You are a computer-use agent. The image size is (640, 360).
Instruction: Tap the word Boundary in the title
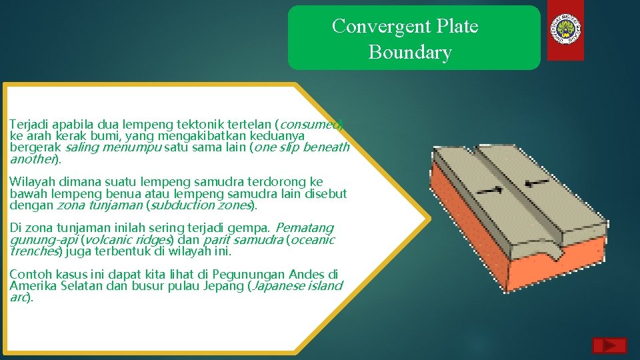click(410, 53)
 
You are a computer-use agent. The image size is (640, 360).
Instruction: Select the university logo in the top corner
click(566, 30)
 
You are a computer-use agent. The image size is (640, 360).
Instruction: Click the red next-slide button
click(609, 345)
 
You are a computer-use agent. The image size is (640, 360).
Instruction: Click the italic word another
click(32, 159)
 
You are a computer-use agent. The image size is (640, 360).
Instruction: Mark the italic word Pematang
click(305, 228)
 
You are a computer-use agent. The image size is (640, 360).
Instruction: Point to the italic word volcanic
click(104, 239)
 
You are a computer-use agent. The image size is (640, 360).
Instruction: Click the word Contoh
click(29, 274)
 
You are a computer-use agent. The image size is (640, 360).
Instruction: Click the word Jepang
click(224, 285)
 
